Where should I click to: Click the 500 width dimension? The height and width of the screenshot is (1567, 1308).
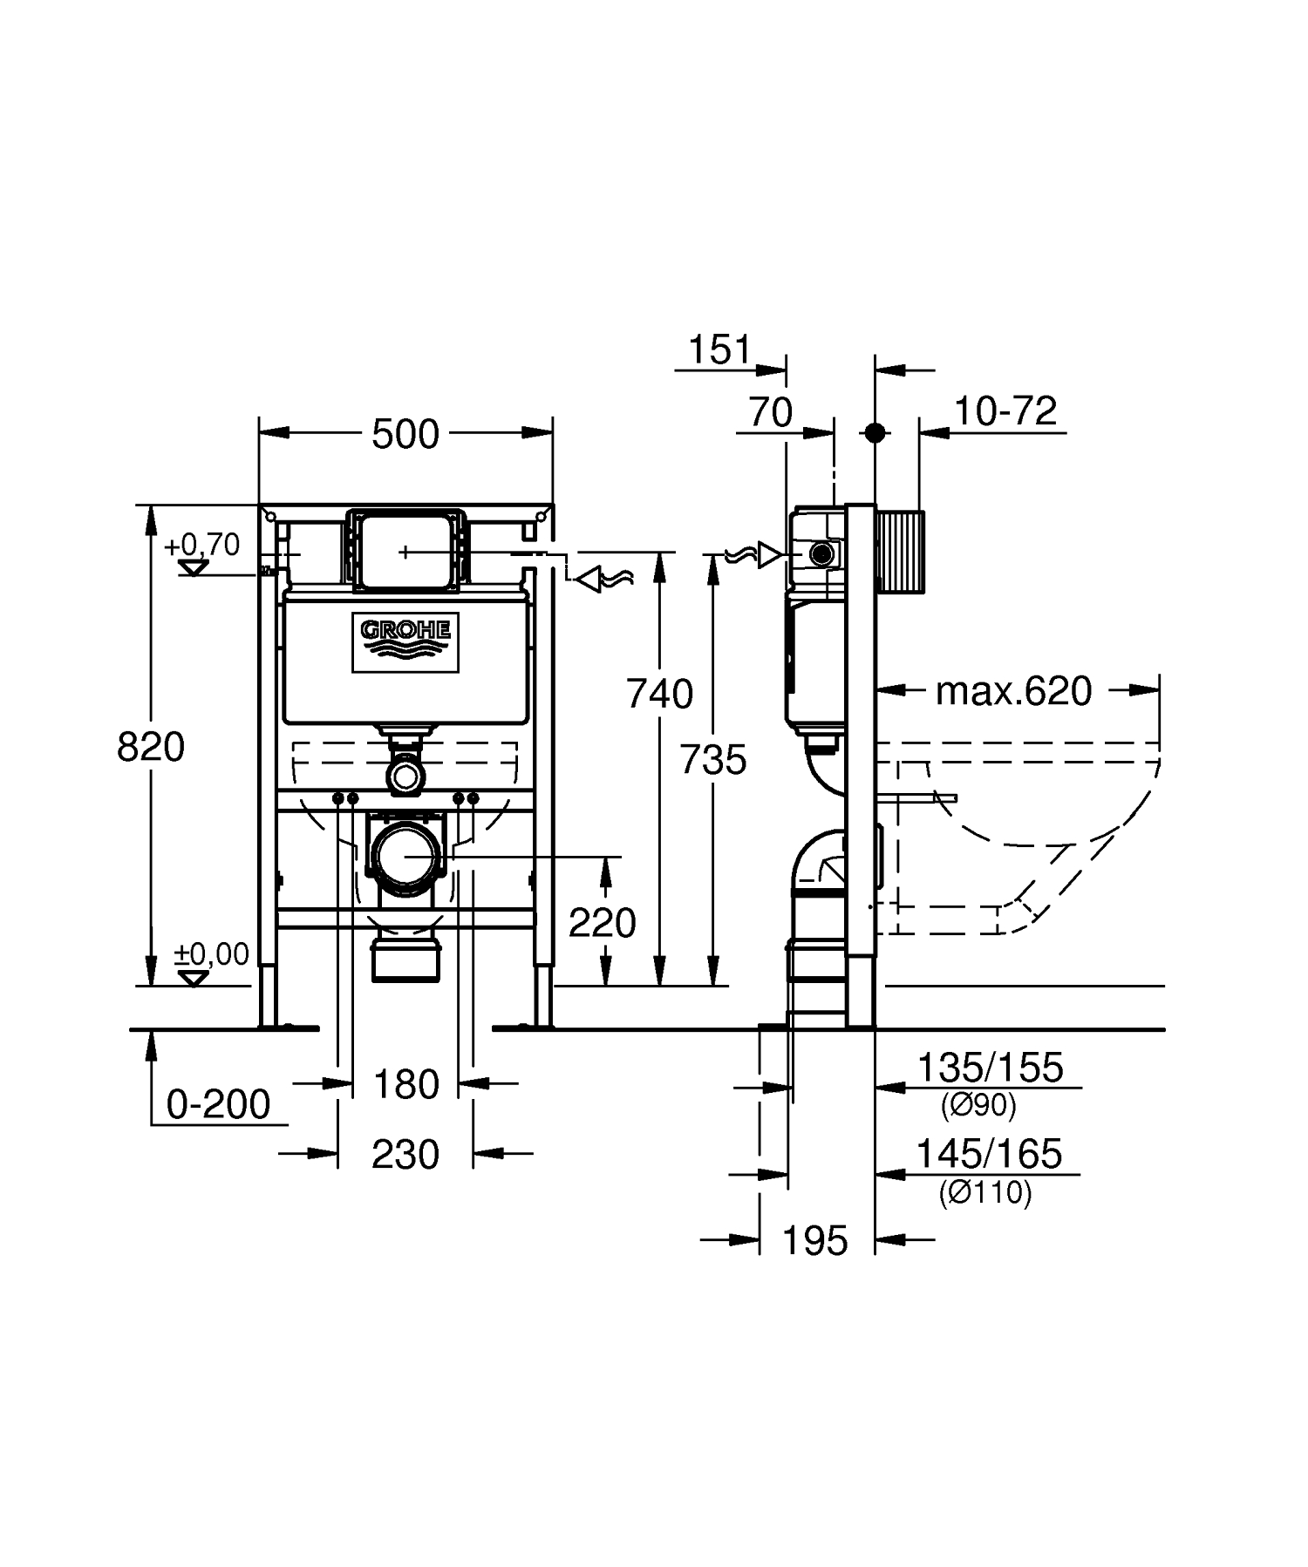tap(405, 434)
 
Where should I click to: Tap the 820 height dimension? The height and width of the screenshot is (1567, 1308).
tap(151, 747)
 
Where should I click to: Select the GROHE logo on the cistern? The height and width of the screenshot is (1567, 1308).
tap(405, 643)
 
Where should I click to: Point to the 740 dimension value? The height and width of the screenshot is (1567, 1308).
tap(660, 695)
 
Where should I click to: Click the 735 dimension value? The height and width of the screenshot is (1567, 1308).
tap(713, 760)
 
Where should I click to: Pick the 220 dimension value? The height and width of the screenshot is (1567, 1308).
tap(603, 922)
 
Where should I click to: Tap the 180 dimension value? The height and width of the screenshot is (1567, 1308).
tap(406, 1085)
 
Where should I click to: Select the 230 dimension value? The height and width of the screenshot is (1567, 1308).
tap(405, 1155)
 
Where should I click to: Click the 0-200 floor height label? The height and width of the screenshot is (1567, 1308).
tap(219, 1105)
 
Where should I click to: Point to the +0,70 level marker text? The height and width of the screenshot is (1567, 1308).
tap(201, 545)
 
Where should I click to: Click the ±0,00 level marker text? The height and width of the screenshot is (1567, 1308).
tap(212, 954)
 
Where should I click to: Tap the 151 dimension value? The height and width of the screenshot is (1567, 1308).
tap(719, 350)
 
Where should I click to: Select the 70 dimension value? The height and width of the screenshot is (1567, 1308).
tap(771, 412)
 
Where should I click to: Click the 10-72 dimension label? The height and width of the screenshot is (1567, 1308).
tap(1005, 410)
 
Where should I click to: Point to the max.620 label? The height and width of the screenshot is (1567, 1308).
tap(1014, 691)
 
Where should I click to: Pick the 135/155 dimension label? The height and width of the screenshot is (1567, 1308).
tap(991, 1068)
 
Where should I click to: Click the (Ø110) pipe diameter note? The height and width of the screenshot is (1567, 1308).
tap(985, 1191)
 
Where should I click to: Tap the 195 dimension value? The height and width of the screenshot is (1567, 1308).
tap(815, 1240)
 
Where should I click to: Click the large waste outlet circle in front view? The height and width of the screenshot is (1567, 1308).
tap(405, 858)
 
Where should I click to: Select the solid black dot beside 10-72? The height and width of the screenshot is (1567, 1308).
tap(875, 432)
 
